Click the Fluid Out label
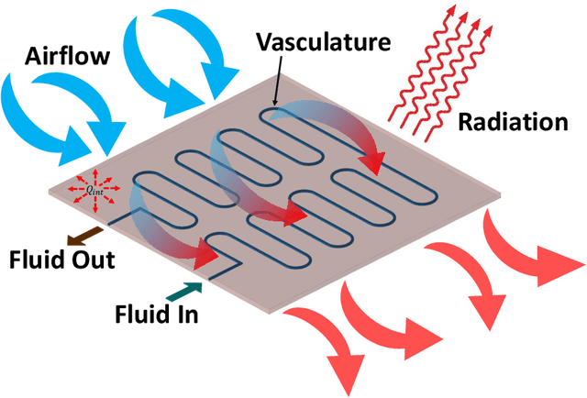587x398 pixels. click(63, 260)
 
